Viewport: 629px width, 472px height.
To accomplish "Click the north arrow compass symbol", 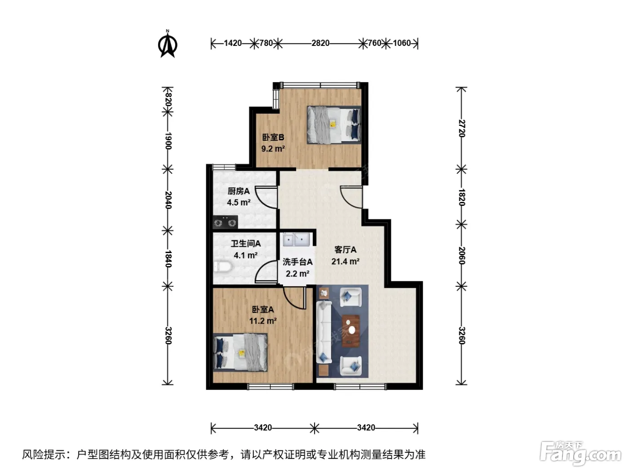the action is click(168, 44).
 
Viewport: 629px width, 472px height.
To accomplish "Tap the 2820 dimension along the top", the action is click(320, 43).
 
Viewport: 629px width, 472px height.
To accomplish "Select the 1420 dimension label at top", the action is click(233, 43).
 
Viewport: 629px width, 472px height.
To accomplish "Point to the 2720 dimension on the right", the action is click(461, 129).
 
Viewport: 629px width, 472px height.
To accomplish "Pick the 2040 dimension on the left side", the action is click(168, 200).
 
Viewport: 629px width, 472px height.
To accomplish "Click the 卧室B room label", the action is click(273, 137).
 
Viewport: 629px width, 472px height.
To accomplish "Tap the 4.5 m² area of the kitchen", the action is click(239, 202).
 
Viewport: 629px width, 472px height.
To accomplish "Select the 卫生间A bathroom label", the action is click(246, 244).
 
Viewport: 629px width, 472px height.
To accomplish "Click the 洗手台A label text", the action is click(297, 262).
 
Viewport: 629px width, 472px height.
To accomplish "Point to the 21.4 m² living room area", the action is click(346, 261).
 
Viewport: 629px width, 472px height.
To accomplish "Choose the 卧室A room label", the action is click(263, 309).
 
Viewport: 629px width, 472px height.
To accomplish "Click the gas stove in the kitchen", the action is click(225, 222).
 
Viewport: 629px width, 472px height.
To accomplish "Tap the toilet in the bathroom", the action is click(222, 267).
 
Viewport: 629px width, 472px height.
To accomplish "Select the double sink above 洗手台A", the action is click(296, 240).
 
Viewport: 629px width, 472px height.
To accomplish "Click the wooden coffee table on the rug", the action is click(351, 330).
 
